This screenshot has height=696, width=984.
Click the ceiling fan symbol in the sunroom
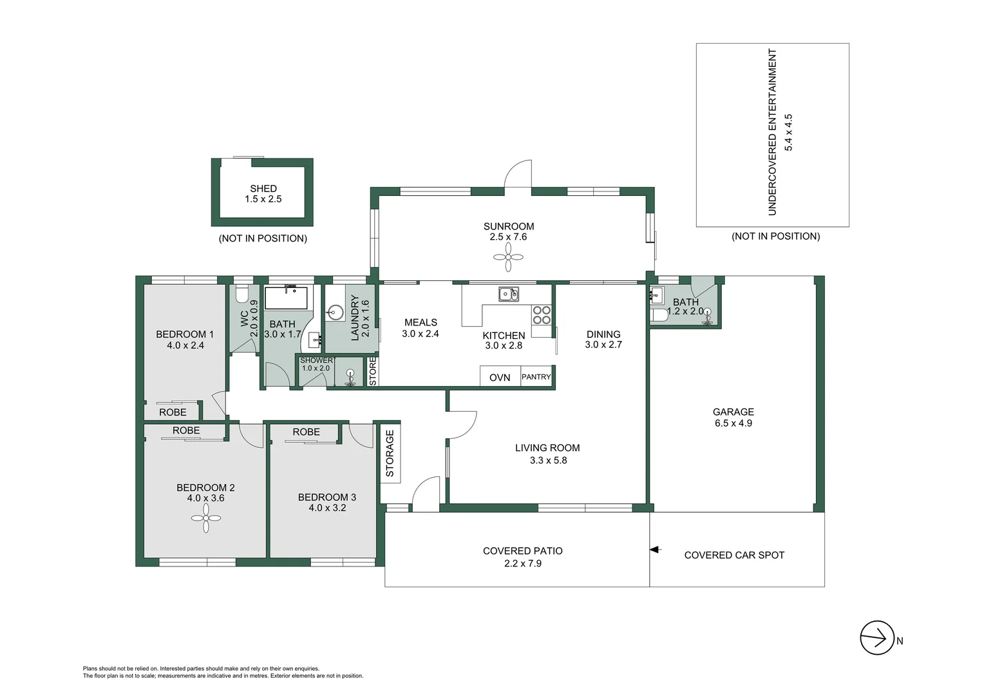click(x=508, y=258)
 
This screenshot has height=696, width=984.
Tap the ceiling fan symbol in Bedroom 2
click(x=206, y=518)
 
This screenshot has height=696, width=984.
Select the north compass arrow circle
click(x=876, y=638)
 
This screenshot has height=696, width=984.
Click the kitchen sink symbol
click(x=508, y=295)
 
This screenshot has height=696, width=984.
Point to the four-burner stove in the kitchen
click(x=542, y=315)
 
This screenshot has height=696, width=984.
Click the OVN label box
click(x=500, y=377)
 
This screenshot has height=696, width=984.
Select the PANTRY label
click(x=536, y=377)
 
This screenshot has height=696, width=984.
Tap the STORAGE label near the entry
click(x=390, y=453)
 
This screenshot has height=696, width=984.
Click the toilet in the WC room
click(x=242, y=295)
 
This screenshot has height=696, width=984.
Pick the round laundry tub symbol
click(x=335, y=314)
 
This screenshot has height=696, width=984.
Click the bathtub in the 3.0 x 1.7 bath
click(x=287, y=298)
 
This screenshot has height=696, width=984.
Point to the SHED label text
click(x=263, y=188)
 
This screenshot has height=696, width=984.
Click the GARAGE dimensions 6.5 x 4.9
click(x=733, y=423)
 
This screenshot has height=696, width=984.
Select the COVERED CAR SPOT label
click(x=734, y=555)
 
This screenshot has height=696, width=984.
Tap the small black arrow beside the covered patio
click(x=656, y=550)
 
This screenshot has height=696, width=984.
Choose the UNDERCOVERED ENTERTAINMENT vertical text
click(x=773, y=132)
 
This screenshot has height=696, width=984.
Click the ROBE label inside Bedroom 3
click(x=306, y=432)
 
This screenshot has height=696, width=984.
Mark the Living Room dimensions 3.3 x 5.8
click(x=548, y=460)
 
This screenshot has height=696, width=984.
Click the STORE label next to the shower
click(x=372, y=372)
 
